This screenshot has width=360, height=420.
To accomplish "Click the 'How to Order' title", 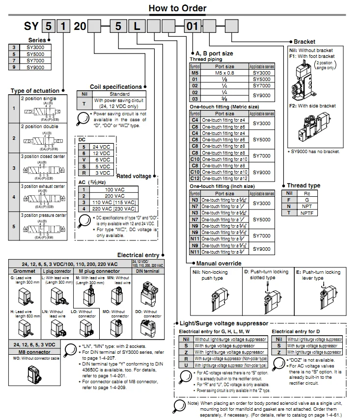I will (x=177, y=8).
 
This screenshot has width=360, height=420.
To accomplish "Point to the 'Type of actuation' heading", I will (x=35, y=91).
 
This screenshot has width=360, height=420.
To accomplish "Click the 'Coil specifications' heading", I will (x=115, y=87).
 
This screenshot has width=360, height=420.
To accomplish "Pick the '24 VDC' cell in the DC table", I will (x=101, y=147).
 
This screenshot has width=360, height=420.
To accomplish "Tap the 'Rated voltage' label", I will (x=134, y=176).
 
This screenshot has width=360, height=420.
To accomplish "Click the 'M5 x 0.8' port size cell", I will (x=225, y=73).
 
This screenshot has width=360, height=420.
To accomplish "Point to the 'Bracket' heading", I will (x=305, y=42).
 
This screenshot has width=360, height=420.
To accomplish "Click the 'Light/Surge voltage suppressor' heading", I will (x=224, y=323).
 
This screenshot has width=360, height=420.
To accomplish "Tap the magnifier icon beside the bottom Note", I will (x=179, y=406).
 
